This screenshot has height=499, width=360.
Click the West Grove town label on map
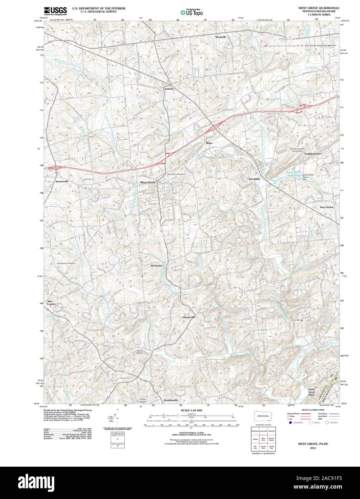(x=148, y=183)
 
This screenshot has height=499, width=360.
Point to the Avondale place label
(x=254, y=178)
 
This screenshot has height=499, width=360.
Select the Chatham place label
(x=169, y=89)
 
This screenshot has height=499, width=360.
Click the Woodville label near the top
(x=221, y=37)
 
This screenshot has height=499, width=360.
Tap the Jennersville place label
(x=62, y=181)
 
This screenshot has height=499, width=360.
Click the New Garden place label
(x=327, y=207)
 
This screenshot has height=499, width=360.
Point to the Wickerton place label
(x=157, y=265)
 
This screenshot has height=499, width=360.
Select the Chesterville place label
(x=189, y=317)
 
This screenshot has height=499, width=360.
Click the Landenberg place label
(x=296, y=320)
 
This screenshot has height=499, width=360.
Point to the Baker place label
(x=209, y=143)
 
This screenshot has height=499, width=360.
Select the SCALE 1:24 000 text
(x=192, y=410)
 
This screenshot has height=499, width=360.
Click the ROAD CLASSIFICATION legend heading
(x=313, y=410)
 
